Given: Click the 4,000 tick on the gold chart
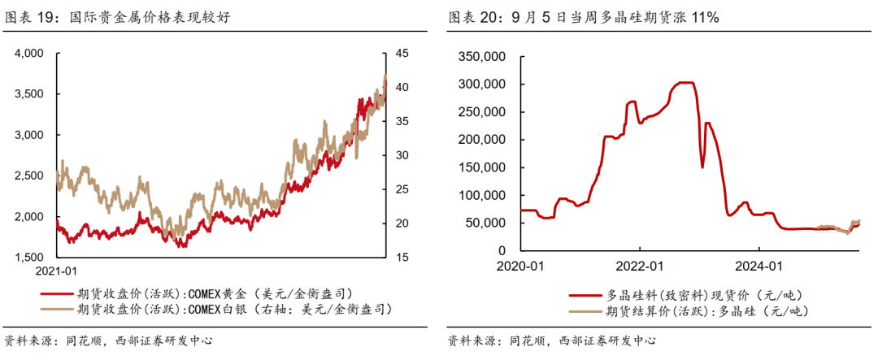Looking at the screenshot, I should point(28,54).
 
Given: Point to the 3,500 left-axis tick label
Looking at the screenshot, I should point(28,94).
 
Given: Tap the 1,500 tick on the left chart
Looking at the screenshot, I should point(28,258).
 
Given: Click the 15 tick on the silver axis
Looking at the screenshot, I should point(402,258).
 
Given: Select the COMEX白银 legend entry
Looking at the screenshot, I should point(235,309).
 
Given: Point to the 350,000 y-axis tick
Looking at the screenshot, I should point(484,57).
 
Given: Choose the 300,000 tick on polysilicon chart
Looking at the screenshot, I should point(484,85).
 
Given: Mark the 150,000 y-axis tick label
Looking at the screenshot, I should point(484,167).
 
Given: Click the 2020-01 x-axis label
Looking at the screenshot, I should point(520,266).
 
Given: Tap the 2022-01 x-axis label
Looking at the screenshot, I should point(640,266).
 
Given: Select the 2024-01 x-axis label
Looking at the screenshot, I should point(758,266).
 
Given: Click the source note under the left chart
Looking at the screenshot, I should point(109,340).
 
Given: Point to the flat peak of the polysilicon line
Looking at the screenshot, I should point(685,83).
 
